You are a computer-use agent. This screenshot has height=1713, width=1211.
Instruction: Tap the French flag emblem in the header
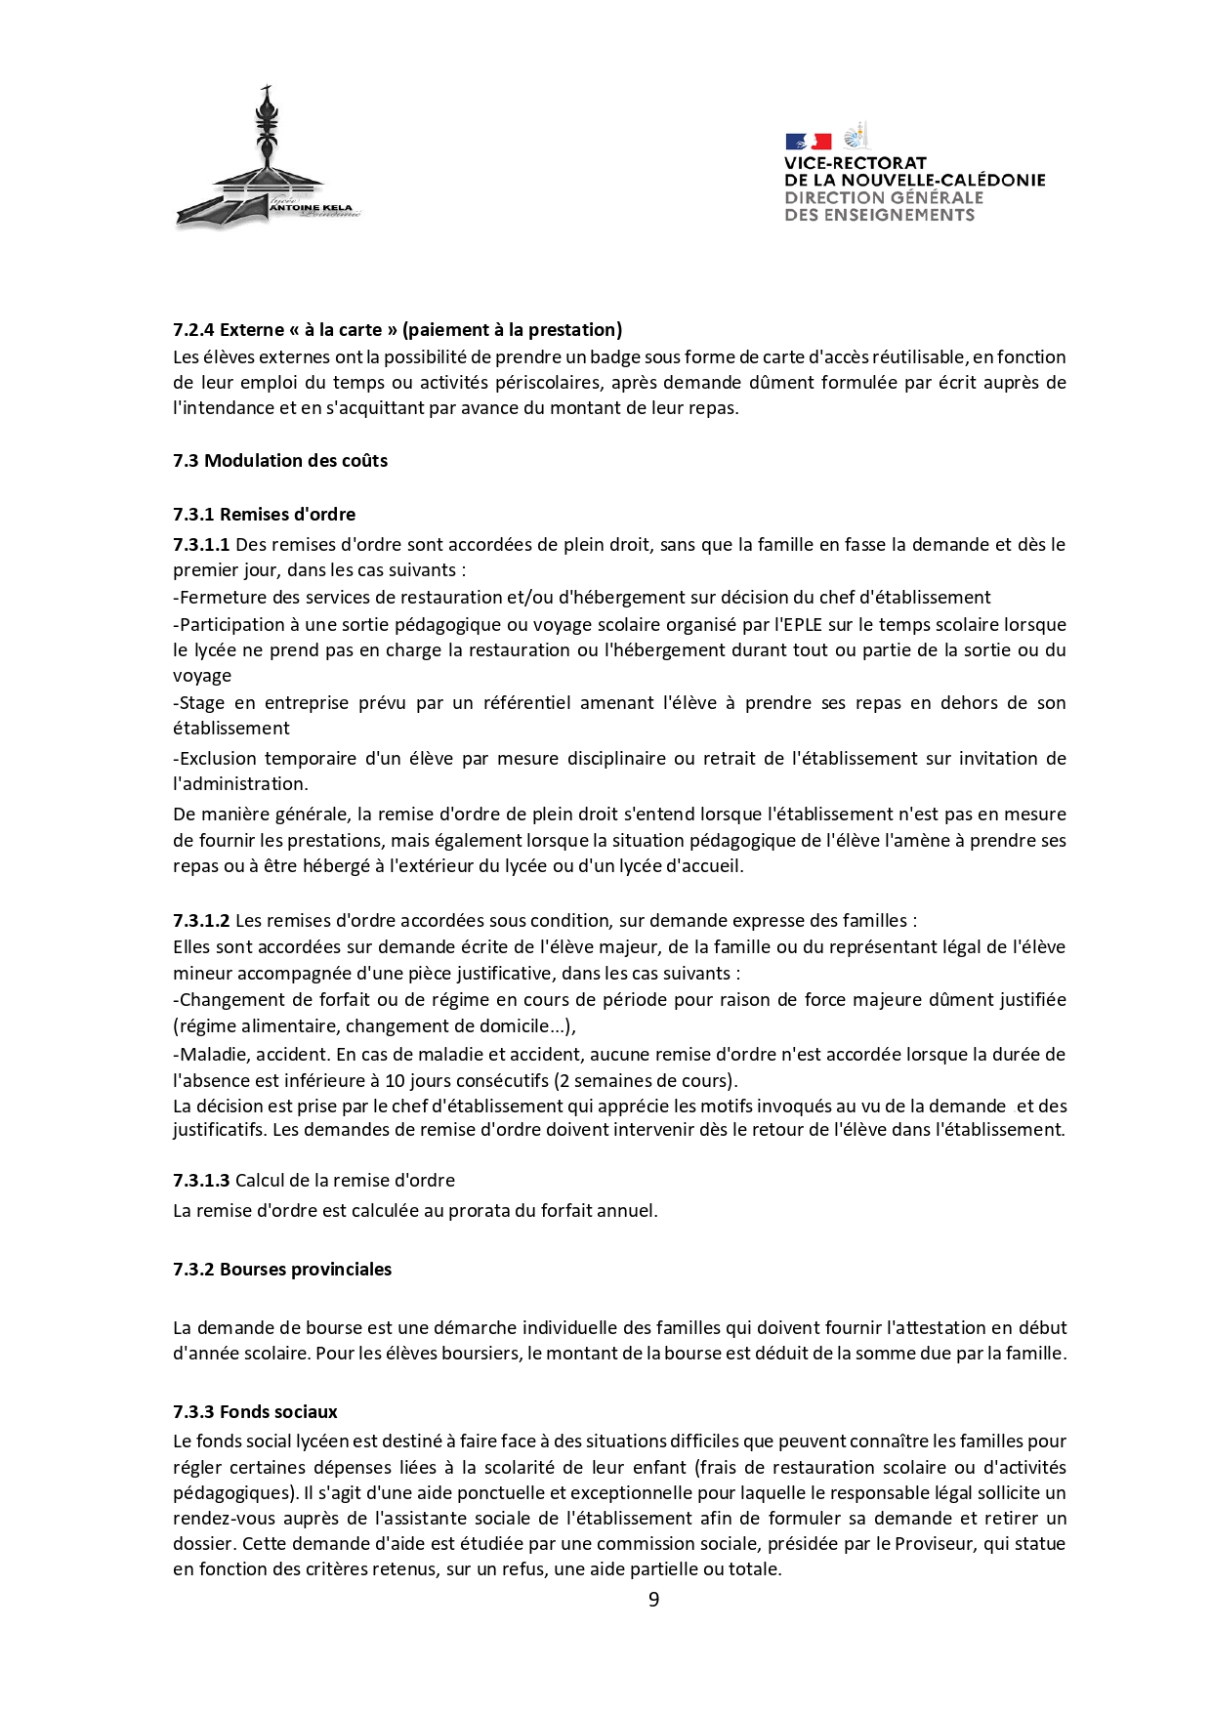[808, 142]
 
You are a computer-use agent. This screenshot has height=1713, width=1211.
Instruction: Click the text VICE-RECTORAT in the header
[855, 163]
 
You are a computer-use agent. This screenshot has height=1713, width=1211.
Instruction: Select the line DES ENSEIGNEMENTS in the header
[879, 215]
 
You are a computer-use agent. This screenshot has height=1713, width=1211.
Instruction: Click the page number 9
[653, 1599]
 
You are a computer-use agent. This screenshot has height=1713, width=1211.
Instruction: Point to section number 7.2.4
[193, 330]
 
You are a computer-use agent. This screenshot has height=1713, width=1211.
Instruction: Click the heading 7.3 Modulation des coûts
[280, 461]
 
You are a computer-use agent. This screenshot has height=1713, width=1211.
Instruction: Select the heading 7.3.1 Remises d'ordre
[265, 515]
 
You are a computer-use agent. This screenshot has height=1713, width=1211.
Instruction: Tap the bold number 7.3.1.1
[201, 545]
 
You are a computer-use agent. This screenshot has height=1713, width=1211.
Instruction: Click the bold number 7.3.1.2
[201, 920]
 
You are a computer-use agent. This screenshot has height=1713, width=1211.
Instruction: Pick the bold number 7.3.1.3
[201, 1181]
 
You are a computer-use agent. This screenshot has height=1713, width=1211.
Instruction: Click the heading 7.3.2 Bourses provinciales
[282, 1270]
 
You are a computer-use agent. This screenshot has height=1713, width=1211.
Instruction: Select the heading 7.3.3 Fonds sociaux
[255, 1412]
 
